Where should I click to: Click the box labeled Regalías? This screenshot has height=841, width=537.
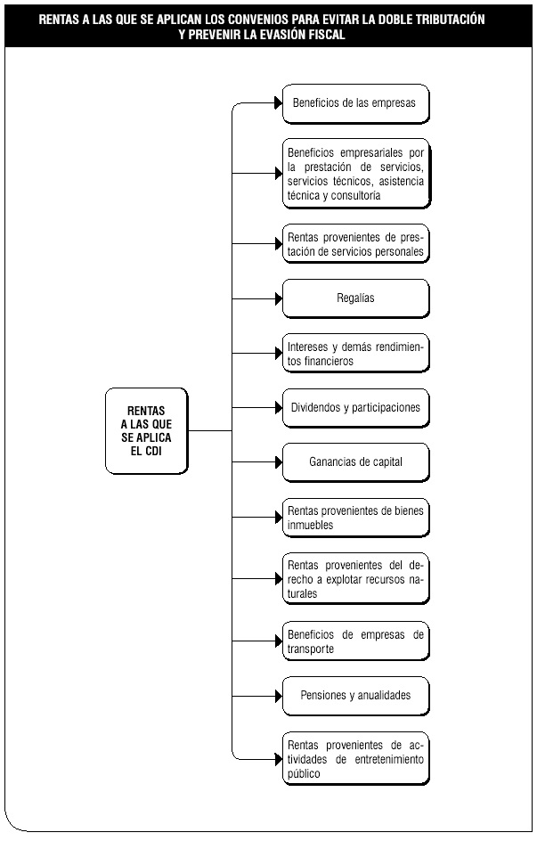[356, 298]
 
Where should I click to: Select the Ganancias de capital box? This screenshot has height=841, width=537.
[356, 462]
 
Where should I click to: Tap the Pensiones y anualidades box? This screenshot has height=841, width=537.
[356, 696]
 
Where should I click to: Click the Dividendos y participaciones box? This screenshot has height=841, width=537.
[356, 408]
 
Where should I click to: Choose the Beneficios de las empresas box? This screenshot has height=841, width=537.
[356, 103]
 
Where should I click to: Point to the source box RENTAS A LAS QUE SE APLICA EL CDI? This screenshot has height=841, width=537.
[147, 430]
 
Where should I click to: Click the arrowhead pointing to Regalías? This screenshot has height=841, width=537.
[279, 298]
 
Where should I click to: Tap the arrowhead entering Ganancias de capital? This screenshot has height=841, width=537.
[279, 462]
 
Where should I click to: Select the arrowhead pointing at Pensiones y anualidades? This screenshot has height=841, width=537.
[279, 696]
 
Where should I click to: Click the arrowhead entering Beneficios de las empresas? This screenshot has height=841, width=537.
[279, 103]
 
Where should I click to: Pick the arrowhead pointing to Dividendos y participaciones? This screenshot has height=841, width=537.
[279, 408]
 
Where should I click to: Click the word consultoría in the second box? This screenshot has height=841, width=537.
[356, 196]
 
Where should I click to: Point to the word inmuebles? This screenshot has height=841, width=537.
[310, 525]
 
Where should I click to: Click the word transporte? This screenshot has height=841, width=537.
[311, 649]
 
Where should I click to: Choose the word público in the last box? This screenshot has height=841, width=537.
[304, 774]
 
